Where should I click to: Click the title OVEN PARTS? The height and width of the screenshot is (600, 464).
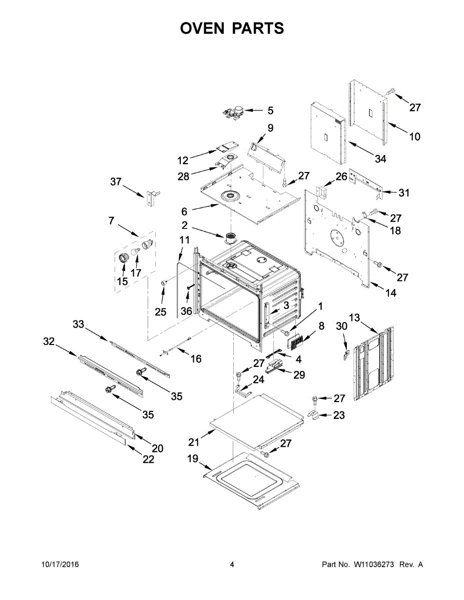232,28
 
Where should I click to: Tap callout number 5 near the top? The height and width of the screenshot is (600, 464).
270,110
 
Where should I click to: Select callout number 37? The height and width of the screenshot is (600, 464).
116,182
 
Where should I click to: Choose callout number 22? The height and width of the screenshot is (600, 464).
148,459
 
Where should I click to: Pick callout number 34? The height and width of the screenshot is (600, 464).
380,158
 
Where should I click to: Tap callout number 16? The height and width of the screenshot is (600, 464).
196,358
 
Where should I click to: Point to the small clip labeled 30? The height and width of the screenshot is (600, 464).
345,354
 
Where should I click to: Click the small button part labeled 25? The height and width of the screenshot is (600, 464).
164,284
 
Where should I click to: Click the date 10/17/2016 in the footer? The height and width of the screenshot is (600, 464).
60,564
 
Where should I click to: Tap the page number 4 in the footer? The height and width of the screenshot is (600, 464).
232,564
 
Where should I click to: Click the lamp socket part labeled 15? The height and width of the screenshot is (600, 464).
123,258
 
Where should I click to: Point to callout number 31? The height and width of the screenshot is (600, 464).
404,192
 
